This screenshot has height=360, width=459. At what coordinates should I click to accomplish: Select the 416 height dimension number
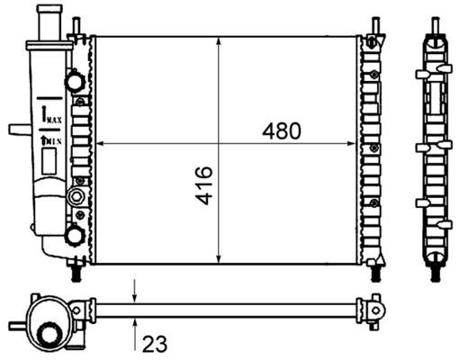[204, 184]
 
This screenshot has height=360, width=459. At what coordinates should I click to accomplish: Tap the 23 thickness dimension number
[153, 344]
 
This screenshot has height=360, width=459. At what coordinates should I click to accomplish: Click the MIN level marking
[51, 139]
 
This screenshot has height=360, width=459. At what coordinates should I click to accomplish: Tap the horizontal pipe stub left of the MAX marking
[18, 129]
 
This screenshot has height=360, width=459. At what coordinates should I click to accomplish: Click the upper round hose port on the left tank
[74, 83]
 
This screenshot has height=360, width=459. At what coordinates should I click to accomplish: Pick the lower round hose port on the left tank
[74, 236]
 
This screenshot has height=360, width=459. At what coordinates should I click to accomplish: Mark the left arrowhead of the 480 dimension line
[100, 143]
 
